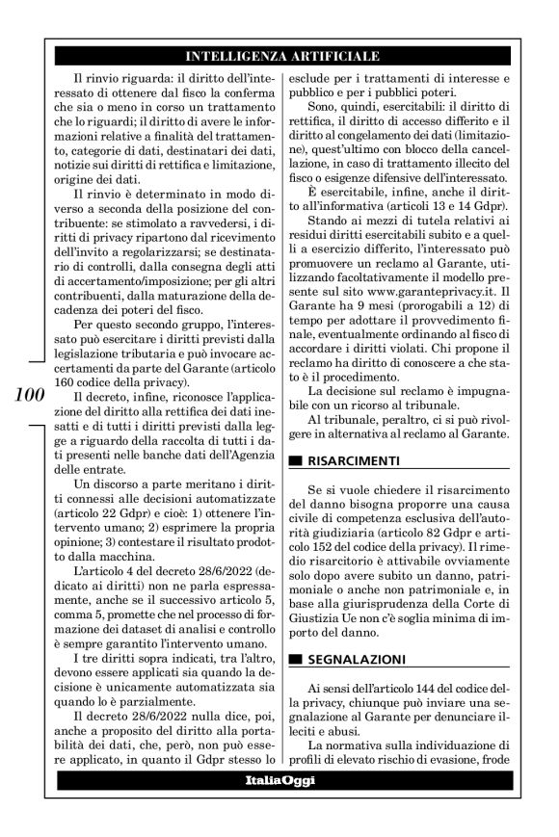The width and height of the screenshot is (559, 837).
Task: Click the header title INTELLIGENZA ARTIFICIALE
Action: pyautogui.click(x=281, y=55)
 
